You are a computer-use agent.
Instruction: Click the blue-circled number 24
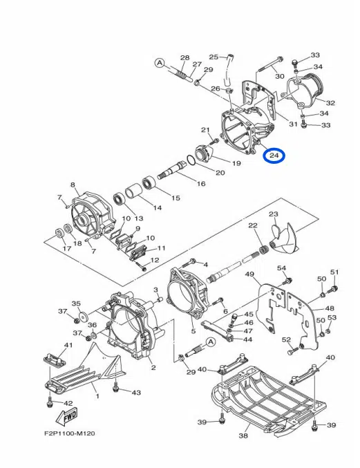click(274, 156)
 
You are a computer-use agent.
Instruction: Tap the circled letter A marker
click(160, 63)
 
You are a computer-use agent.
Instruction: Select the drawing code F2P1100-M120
click(69, 433)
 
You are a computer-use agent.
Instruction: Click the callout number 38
click(243, 436)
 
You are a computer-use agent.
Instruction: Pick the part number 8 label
click(73, 185)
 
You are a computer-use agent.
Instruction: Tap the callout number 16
click(201, 184)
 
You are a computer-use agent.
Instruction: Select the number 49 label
click(250, 274)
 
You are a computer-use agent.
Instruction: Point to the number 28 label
click(184, 58)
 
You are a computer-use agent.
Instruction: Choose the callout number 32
click(330, 103)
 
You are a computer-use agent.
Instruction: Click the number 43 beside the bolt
click(136, 393)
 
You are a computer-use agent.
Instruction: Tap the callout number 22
click(253, 226)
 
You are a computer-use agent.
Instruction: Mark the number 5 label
click(193, 331)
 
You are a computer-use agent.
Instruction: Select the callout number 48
click(330, 308)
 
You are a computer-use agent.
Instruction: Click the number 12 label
click(155, 260)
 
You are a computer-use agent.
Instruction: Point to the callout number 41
click(68, 345)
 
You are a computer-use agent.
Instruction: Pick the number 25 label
click(214, 57)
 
